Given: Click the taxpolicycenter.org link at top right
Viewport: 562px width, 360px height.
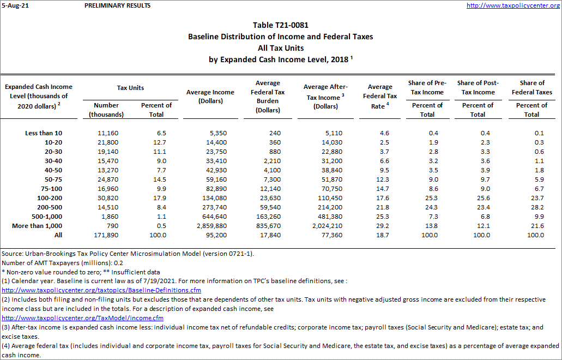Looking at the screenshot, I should [x=513, y=5].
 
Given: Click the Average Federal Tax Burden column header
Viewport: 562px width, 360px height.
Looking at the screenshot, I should [x=268, y=97].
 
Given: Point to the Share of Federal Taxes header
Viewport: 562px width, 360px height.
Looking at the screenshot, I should [x=531, y=87].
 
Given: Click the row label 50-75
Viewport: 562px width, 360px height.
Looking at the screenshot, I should [x=53, y=179].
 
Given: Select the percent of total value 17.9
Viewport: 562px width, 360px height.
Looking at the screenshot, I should [x=159, y=198].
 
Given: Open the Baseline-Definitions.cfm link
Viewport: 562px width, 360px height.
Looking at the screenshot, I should [x=101, y=290].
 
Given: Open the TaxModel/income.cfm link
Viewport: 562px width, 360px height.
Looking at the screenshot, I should [x=82, y=318].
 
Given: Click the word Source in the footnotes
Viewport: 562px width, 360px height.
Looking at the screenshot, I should [x=12, y=253].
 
